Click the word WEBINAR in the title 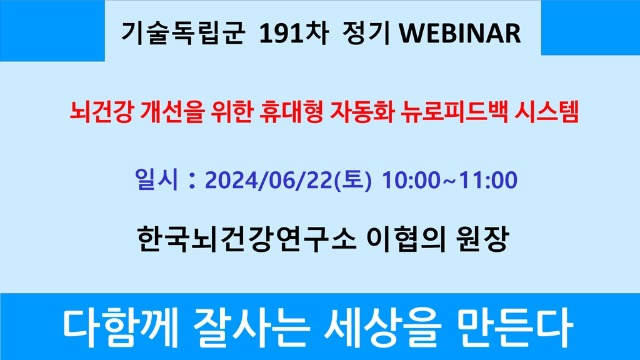point(459,33)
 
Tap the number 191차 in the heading point(294,33)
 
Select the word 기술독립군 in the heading point(183,33)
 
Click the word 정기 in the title point(366,33)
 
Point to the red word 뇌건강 point(101,112)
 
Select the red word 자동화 point(362,112)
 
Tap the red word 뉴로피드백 point(454,112)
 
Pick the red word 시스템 point(547,112)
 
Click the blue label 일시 point(156,179)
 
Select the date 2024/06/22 point(269,180)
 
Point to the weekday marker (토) point(353,180)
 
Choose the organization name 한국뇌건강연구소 point(246,239)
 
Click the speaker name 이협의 point(406,239)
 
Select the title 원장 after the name point(482,239)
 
